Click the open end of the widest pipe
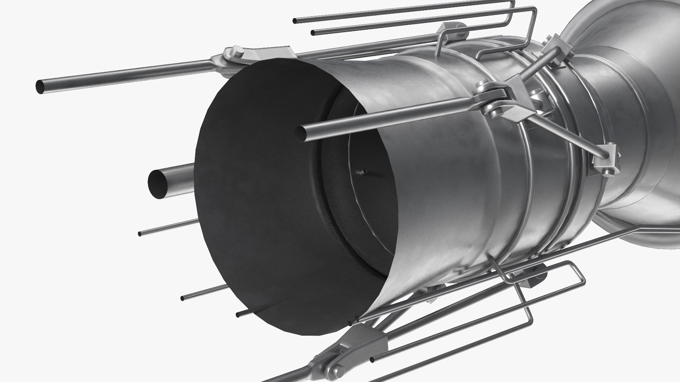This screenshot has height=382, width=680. coord(158,183)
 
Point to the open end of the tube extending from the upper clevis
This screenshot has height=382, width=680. coord(41,87)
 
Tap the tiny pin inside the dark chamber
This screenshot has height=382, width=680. coord(365,172)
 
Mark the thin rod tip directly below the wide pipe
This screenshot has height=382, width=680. coord(140,234)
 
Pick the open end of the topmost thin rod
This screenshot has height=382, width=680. coord(294,21)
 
